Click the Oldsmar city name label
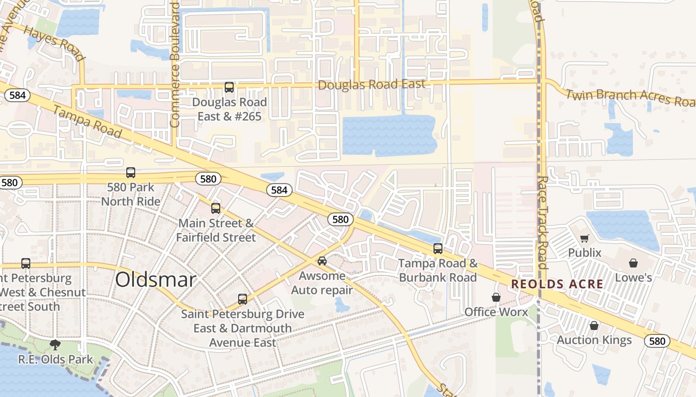coord(156,280)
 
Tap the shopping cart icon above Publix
coord(585,239)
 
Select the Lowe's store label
coord(633,277)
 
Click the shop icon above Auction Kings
coord(594,326)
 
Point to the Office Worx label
coord(496,312)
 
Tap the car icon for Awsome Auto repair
coord(322,261)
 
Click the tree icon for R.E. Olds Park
coord(55,344)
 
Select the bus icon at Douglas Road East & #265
coord(229,87)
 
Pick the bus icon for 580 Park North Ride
coord(131,173)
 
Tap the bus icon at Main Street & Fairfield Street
coord(216,208)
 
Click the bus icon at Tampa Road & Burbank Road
coord(438,249)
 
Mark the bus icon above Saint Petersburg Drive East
coord(243,299)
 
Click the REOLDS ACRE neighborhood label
coord(557,284)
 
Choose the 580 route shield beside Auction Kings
coord(657,341)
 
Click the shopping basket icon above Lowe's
coord(633,263)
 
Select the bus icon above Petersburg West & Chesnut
coord(26,264)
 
